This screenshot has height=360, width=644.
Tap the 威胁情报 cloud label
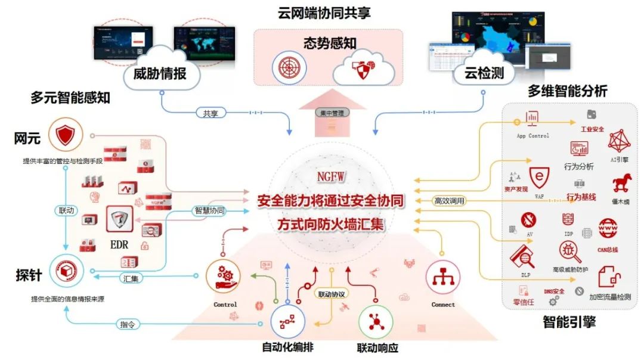(160, 73)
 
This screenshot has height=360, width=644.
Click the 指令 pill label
(127, 324)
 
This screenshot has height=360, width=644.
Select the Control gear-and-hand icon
(224, 277)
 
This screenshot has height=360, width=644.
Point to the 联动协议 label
(332, 294)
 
